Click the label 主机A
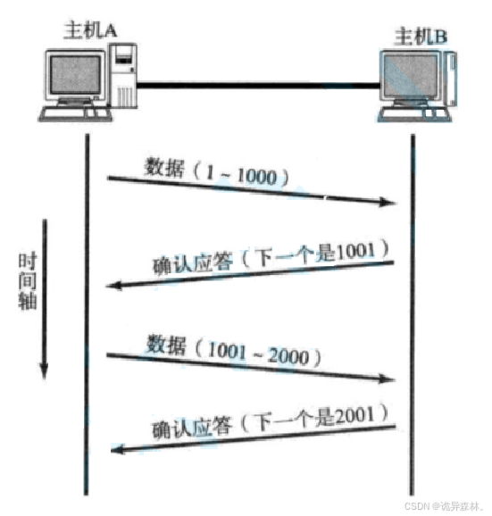[90, 30]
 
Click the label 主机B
[421, 37]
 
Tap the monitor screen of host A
[75, 74]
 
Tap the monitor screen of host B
[411, 76]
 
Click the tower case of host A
[123, 76]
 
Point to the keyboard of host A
[75, 114]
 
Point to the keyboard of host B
[413, 115]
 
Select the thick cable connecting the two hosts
[258, 86]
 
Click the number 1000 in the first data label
[256, 176]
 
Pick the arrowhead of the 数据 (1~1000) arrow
[388, 202]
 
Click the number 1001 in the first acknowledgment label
[355, 252]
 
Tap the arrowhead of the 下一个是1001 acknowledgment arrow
[113, 286]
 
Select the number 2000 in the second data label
[288, 356]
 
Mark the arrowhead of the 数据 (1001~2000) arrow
[387, 379]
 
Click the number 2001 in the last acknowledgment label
[354, 415]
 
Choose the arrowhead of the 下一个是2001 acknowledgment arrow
[118, 449]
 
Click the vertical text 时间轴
[28, 281]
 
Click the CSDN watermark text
[444, 505]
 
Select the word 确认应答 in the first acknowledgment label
[193, 263]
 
